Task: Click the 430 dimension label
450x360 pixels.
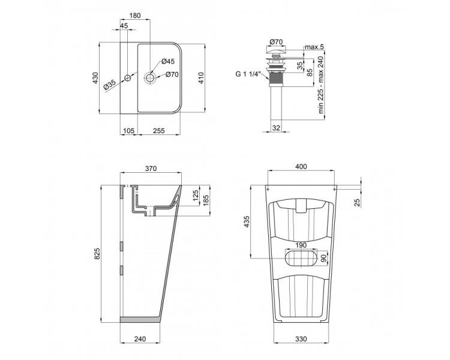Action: pos(95,78)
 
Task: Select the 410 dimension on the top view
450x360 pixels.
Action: pos(201,78)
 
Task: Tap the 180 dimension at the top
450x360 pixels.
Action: pos(135,16)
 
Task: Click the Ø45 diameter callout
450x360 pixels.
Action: pos(168,61)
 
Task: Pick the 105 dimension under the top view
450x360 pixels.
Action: pos(128,131)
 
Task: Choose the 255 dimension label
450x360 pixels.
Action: pos(159,131)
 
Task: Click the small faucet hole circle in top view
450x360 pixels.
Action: pos(127,78)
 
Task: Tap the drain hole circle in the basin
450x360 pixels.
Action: pos(150,77)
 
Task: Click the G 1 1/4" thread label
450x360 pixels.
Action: pos(247,74)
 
